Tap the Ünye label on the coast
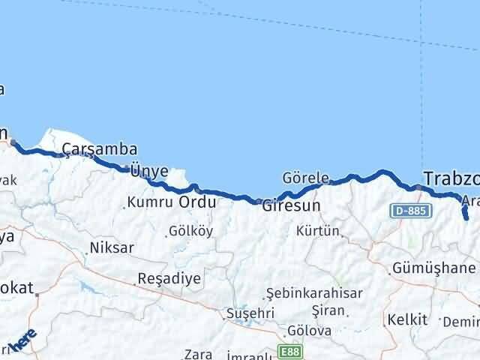point(149,171)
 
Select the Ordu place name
point(197,202)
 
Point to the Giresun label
point(291,205)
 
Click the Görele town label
point(305,178)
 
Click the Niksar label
point(112,247)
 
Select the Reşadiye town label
point(169,278)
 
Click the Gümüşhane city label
point(434,268)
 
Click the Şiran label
point(330,310)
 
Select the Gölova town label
point(310,331)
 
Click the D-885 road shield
point(410,212)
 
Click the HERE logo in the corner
point(22,341)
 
